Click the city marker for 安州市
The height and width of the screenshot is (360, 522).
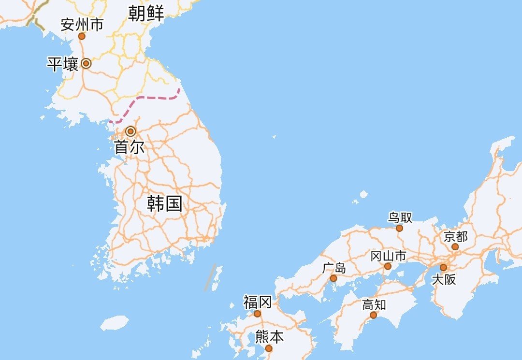82,36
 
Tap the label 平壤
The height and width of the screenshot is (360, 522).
63,64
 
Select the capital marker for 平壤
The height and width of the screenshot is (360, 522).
86,63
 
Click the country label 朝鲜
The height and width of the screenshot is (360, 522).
146,13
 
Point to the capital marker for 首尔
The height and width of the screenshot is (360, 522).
130,131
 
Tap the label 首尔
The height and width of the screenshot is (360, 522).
130,147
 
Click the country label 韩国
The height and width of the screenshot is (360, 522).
165,204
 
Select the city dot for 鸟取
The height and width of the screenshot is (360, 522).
399,228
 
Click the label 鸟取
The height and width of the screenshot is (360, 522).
400,218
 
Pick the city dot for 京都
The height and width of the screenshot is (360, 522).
455,247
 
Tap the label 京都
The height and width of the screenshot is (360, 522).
456,237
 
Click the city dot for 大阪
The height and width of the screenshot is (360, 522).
443,267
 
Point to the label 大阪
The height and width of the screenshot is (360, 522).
444,279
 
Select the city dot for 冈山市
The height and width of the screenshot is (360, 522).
388,266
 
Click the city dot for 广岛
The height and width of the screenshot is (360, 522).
333,278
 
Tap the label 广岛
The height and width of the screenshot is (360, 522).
334,268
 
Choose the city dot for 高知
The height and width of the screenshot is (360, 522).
373,315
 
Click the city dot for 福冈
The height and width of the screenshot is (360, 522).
257,314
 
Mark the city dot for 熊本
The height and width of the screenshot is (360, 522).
268,348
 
